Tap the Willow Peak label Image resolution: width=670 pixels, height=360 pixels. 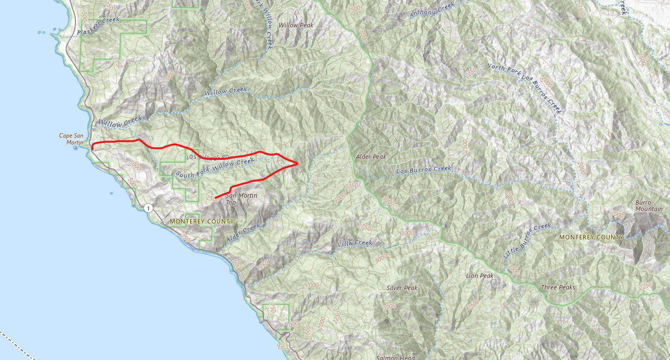[x=296, y=25]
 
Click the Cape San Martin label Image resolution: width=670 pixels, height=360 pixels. [x=72, y=139]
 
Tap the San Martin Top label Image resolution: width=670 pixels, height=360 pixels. [x=242, y=199]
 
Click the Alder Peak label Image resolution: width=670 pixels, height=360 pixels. [x=371, y=156]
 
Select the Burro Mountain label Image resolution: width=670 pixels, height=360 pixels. [x=649, y=206]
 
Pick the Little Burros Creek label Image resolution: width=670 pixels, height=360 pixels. [x=527, y=241]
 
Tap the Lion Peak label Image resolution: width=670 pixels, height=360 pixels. [x=479, y=276]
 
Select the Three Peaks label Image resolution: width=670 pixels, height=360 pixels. [x=558, y=288]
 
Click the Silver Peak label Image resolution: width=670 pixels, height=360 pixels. [x=402, y=288]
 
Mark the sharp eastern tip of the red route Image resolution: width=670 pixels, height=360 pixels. [x=297, y=163]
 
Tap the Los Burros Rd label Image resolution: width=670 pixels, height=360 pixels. [x=202, y=157]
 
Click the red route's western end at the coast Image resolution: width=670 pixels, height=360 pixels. [x=93, y=148]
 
